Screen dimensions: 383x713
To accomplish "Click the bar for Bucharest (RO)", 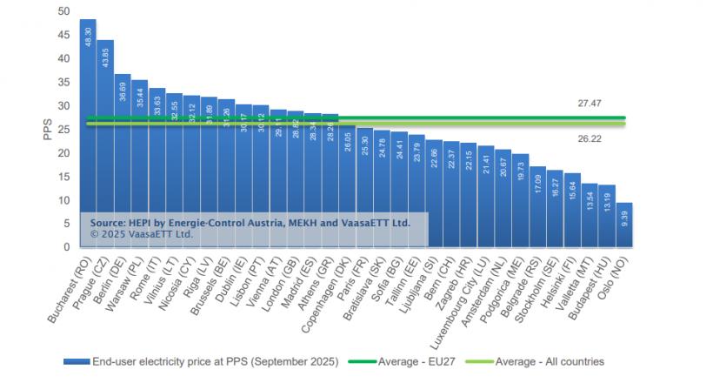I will tap(88, 131).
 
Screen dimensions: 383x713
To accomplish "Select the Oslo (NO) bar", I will tap(624, 225).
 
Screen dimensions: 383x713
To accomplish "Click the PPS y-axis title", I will tap(48, 129).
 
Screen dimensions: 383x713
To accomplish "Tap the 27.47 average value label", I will tap(590, 104).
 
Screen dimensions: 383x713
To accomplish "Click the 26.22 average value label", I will tap(590, 138).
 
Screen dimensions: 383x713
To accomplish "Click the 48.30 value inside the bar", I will tap(88, 38).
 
